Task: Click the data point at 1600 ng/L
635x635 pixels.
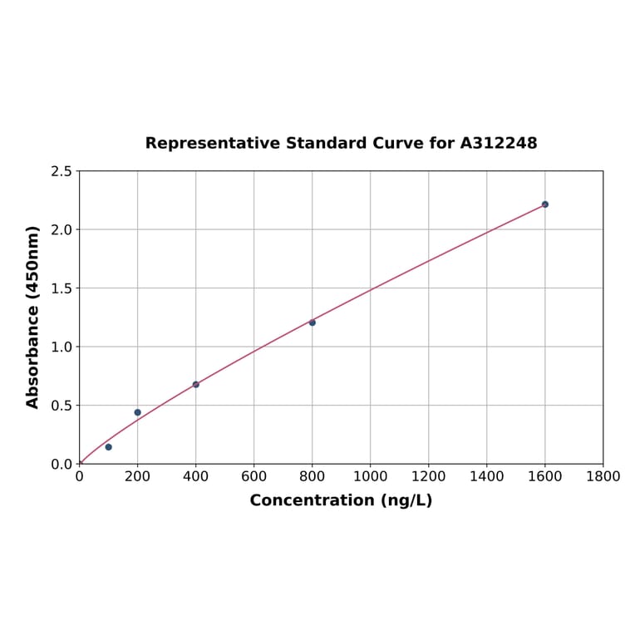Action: [544, 204]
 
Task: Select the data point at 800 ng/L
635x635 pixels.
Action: [312, 322]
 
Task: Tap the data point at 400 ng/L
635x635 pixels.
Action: [195, 385]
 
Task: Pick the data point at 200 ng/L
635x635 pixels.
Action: [137, 412]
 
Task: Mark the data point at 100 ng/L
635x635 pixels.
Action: [108, 447]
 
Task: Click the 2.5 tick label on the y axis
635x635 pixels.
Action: [62, 171]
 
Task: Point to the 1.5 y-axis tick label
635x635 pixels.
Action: [62, 288]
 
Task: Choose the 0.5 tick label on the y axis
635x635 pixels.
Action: [62, 406]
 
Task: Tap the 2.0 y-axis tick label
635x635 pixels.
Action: [62, 229]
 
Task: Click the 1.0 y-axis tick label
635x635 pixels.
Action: [62, 347]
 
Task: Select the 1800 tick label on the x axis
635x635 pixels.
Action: [603, 476]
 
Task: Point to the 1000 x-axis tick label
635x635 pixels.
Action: [370, 476]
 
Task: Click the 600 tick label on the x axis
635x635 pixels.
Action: [254, 476]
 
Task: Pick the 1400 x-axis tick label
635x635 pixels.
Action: [486, 476]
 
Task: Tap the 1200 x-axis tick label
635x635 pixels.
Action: [428, 476]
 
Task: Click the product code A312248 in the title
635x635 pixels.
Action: [499, 143]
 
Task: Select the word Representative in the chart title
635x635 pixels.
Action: [212, 143]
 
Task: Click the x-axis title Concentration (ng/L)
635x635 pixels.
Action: [341, 500]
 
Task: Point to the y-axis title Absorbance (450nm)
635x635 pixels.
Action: [33, 317]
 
